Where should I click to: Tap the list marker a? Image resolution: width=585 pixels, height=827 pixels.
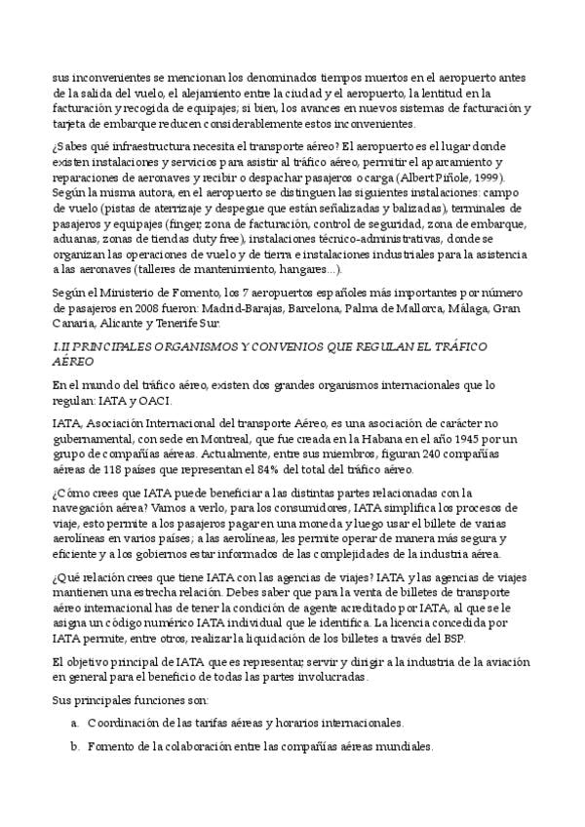click(x=75, y=723)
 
